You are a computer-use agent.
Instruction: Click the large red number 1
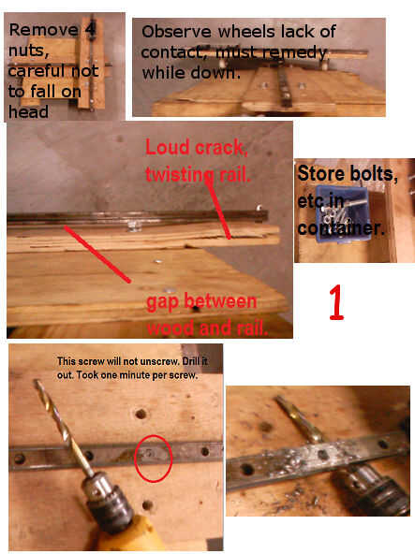[x=336, y=302]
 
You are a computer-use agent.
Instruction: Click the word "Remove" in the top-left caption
[x=43, y=30]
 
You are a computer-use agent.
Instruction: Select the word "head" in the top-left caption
[x=28, y=112]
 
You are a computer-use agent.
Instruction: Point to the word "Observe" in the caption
[x=176, y=32]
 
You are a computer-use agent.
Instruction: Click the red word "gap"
[x=163, y=303]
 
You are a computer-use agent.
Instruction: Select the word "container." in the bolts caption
[x=341, y=228]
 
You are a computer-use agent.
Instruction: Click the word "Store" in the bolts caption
[x=321, y=173]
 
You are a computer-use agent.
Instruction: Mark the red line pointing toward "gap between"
[x=97, y=255]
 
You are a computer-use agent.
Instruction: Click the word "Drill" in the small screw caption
[x=190, y=361]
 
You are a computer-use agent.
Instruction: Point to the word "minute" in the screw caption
[x=136, y=375]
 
